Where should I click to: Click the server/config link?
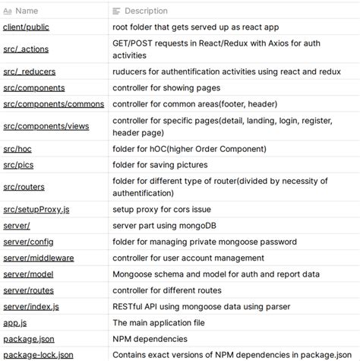28,242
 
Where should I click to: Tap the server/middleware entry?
38,258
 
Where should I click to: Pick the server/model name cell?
29,274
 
